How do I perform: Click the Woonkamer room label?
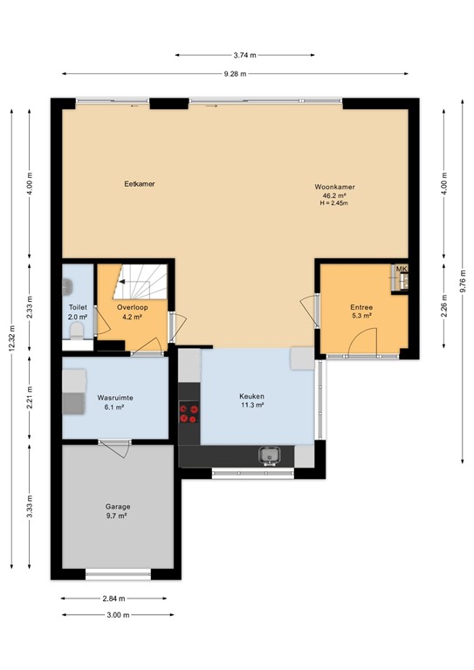(335, 187)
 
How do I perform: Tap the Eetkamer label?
(140, 183)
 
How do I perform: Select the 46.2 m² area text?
(335, 195)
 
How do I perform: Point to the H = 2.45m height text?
(335, 203)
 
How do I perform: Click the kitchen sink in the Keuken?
(269, 455)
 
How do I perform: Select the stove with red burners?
(189, 412)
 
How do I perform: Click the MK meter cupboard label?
(402, 270)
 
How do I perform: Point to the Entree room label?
(361, 307)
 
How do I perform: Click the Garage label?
(118, 507)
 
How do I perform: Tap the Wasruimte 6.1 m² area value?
(115, 407)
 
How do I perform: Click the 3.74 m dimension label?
(244, 53)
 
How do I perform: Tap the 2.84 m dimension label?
(114, 598)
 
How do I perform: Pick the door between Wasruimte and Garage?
(114, 446)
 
